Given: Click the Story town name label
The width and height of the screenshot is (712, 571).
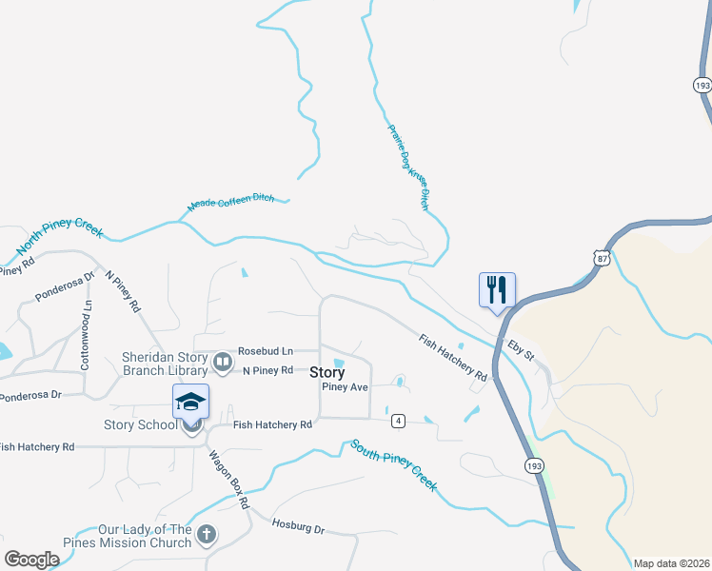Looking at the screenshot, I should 326,373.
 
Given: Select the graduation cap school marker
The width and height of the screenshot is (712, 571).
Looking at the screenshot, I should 190,403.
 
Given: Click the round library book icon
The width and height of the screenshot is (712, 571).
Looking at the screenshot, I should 223,362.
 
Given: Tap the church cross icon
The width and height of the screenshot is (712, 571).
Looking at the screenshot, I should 208,535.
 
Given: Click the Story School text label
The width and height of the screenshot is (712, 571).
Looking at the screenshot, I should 138,424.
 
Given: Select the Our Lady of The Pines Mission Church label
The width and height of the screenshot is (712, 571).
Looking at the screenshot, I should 145,536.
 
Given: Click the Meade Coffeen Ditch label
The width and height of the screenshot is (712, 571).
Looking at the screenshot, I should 230,202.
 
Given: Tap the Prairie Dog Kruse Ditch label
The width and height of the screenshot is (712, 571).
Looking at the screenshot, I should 408,167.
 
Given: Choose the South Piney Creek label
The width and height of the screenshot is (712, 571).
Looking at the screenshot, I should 394,464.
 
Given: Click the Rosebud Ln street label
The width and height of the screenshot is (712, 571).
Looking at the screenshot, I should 265,350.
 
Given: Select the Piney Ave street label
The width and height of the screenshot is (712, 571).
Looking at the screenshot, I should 345,387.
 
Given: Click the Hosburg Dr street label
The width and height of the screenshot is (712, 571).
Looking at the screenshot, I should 298,525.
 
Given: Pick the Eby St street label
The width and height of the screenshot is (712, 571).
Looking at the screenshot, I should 522,349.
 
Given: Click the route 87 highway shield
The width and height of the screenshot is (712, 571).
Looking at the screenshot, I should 600,258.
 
